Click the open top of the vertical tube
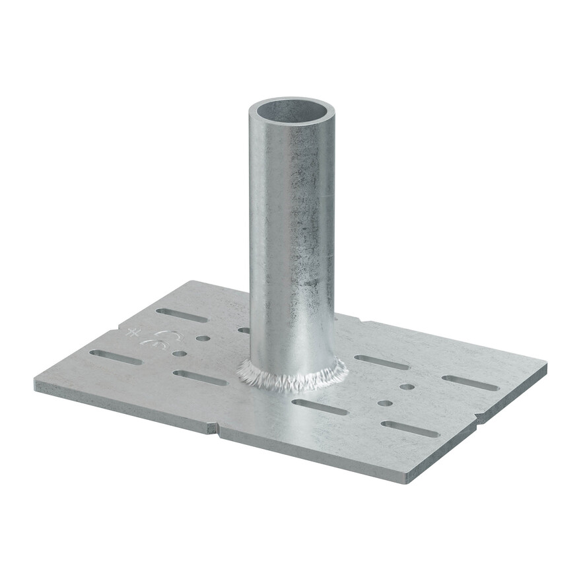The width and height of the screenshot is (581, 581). (x=291, y=111)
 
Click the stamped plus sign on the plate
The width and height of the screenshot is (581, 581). (x=134, y=332)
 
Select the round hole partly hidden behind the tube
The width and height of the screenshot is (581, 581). (x=244, y=329)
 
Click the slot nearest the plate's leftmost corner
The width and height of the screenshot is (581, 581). (x=116, y=357)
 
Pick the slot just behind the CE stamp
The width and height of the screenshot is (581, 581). (x=182, y=315)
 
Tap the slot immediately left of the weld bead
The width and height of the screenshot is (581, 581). (x=199, y=378)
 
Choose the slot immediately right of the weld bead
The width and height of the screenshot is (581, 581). (x=382, y=362)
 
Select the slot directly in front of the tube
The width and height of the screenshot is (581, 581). (x=320, y=407)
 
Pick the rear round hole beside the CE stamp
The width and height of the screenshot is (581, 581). (x=203, y=338)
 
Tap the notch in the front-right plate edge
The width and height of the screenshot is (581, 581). (x=480, y=417)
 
